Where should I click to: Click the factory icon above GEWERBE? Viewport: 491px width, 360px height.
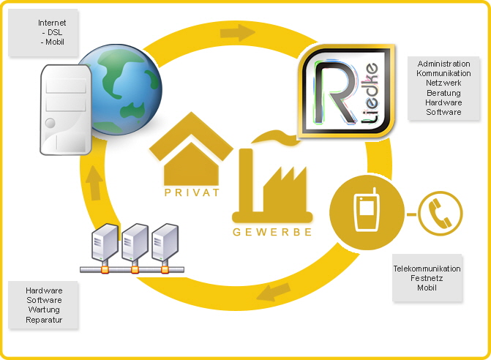click(x=271, y=183)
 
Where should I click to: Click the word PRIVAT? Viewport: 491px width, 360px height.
click(x=188, y=195)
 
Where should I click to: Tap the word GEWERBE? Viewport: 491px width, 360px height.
click(x=271, y=232)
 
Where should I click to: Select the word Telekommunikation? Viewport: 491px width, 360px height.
click(x=427, y=269)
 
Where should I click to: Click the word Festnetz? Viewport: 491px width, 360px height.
click(x=427, y=278)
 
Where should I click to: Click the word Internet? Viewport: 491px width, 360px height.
click(x=52, y=23)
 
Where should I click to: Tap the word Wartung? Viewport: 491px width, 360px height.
click(x=44, y=310)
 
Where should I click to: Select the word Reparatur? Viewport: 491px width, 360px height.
click(x=44, y=320)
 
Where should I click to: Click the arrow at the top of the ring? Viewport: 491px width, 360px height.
click(x=238, y=33)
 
